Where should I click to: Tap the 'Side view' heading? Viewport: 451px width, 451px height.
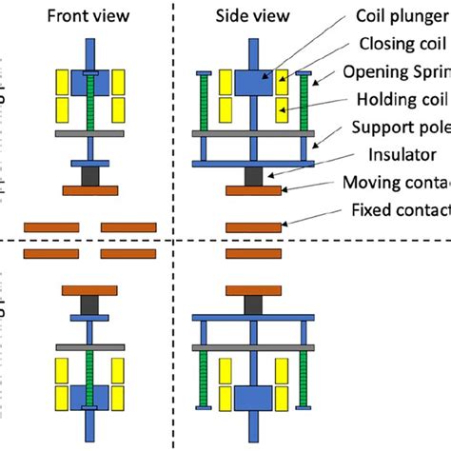point(253,15)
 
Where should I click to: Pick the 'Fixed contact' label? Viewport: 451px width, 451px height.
point(400,209)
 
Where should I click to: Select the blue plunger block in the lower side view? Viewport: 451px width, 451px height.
point(253,397)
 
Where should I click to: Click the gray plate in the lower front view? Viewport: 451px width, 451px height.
point(88,348)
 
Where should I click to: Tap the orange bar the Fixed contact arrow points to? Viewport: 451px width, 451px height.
point(253,226)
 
